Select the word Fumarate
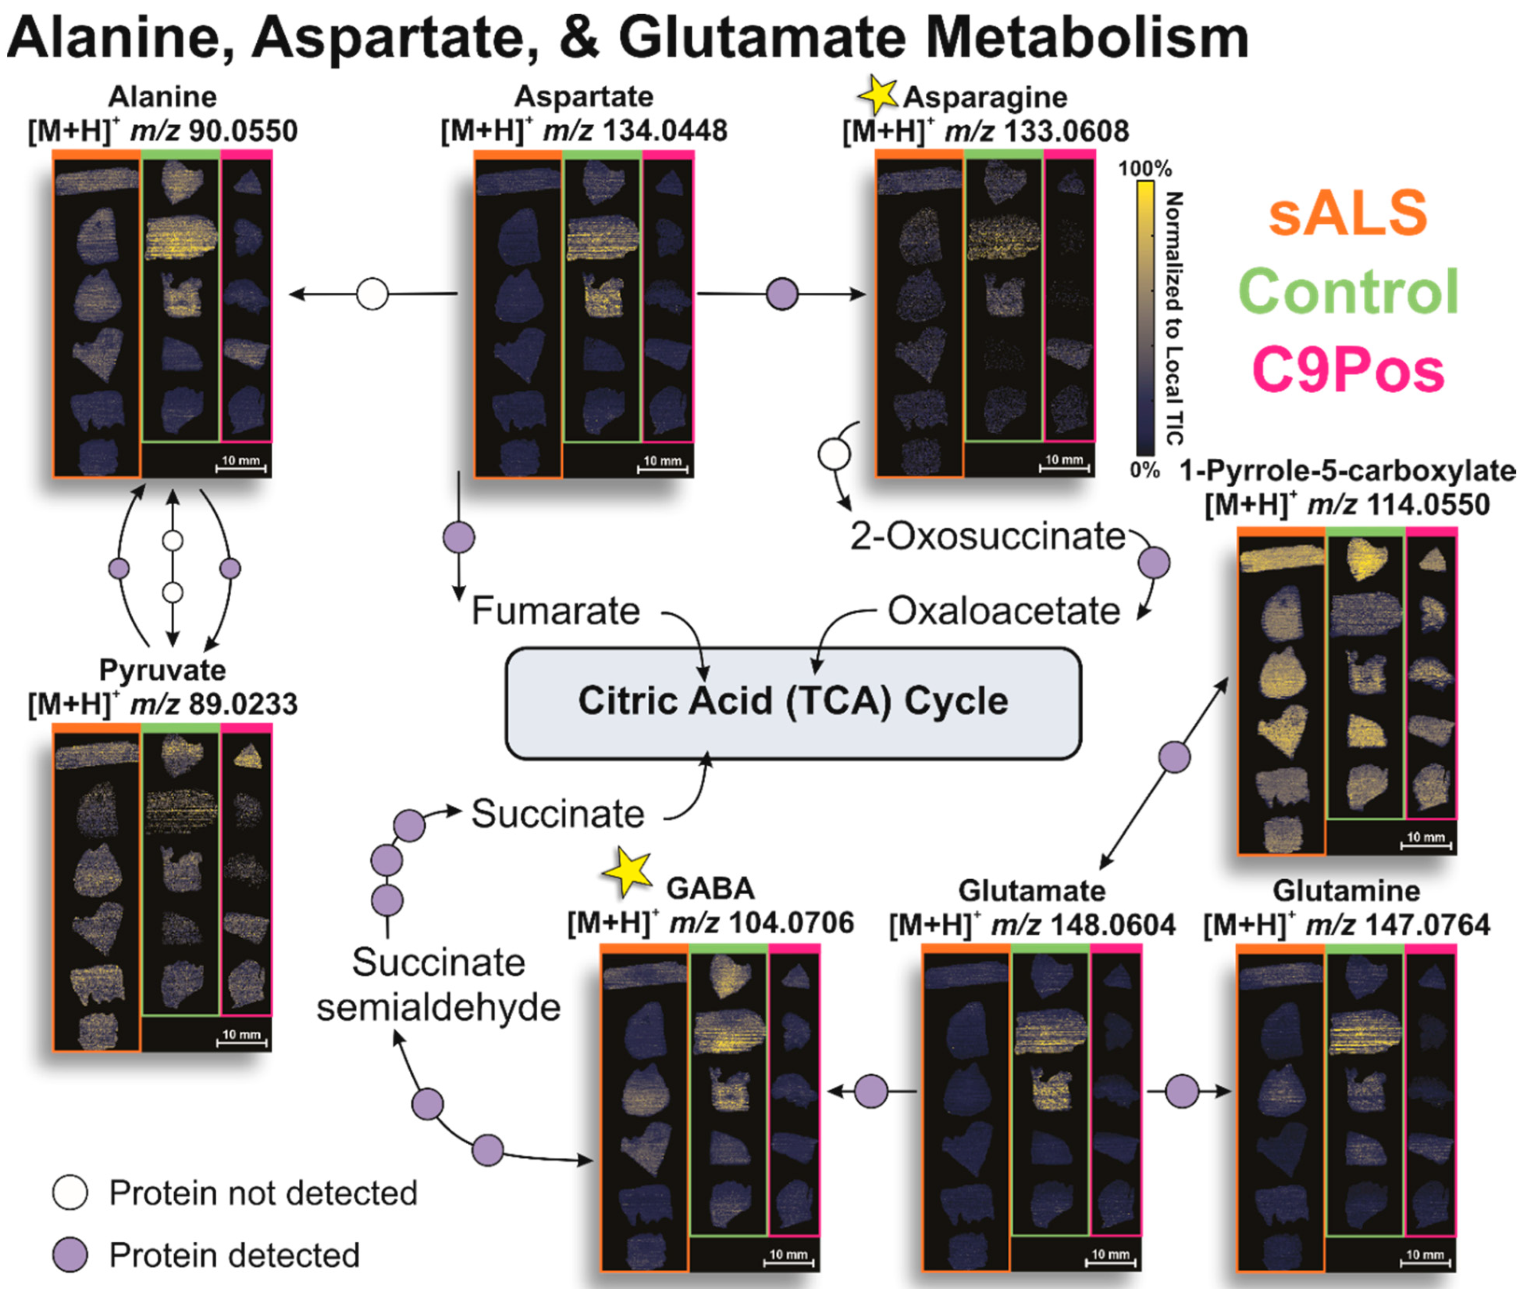(555, 610)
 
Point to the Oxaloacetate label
(1003, 610)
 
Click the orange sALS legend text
(1347, 212)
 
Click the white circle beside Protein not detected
(70, 1193)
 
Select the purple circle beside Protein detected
(70, 1255)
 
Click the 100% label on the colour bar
(1145, 169)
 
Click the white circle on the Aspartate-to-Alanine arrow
(372, 294)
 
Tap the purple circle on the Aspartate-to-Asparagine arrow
(782, 294)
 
